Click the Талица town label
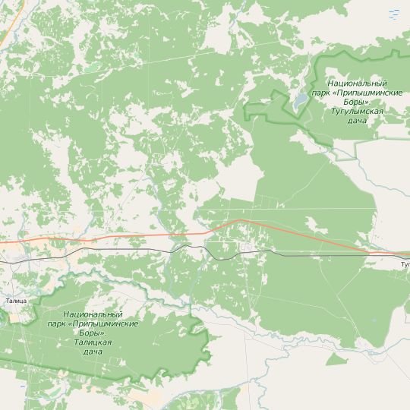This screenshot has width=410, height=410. pyautogui.click(x=15, y=301)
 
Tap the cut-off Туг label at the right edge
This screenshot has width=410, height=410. pyautogui.click(x=405, y=265)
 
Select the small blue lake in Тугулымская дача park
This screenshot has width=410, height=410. pyautogui.click(x=301, y=100)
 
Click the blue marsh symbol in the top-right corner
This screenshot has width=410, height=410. pyautogui.click(x=393, y=14)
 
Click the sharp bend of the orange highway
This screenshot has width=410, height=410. pyautogui.click(x=240, y=221)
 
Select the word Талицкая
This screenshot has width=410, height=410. pyautogui.click(x=93, y=342)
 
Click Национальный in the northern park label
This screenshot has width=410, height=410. pyautogui.click(x=355, y=83)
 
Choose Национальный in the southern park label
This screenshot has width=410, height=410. pyautogui.click(x=93, y=314)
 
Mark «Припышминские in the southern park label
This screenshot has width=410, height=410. pyautogui.click(x=102, y=324)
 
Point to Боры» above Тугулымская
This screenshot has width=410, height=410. pyautogui.click(x=355, y=102)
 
